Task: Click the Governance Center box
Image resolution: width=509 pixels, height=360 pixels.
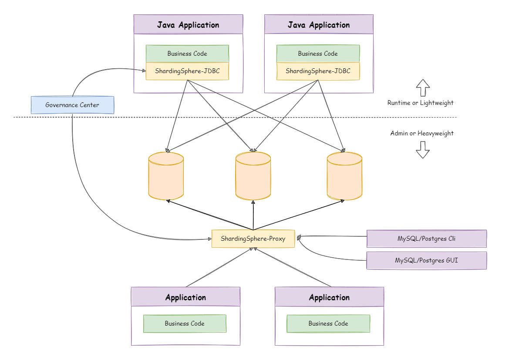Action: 72,105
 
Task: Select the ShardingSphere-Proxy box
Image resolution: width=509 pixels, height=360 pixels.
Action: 253,239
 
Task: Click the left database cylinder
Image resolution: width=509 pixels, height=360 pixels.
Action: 166,176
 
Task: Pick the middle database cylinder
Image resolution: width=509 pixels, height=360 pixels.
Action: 253,176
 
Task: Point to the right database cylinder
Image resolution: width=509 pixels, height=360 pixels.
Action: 344,176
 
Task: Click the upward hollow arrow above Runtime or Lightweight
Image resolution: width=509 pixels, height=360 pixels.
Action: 422,87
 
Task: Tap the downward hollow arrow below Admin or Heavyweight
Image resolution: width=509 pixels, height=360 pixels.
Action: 422,149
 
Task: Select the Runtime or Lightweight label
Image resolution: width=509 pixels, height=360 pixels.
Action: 420,103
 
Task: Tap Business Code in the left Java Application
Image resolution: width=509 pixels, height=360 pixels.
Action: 187,54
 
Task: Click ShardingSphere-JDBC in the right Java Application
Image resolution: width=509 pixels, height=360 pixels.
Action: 318,71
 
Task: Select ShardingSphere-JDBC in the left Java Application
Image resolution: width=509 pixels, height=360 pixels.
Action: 187,71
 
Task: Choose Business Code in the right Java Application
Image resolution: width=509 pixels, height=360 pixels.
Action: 318,54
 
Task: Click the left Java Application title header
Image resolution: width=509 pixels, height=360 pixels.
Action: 188,25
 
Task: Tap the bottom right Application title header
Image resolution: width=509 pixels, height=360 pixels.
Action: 329,297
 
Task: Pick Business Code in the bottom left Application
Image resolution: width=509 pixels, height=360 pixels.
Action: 185,323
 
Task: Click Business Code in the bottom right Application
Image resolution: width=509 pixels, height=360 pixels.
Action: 328,323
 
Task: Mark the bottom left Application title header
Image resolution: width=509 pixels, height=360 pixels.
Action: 185,297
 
